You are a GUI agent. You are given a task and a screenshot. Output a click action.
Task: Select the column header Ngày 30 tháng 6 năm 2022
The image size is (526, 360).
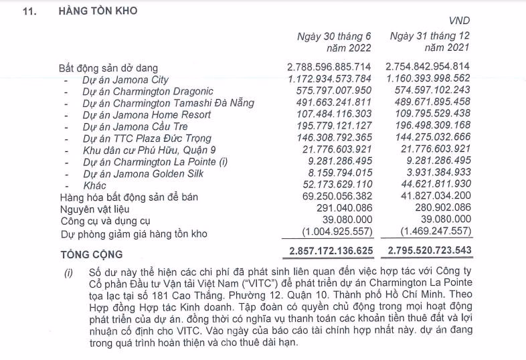coord(333,41)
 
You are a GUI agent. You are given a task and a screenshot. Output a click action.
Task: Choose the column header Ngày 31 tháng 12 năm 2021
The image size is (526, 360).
coord(430,41)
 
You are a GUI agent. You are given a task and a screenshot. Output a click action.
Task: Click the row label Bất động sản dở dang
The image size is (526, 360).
coord(108,68)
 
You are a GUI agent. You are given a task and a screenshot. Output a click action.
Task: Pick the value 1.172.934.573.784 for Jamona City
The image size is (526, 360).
coord(329,79)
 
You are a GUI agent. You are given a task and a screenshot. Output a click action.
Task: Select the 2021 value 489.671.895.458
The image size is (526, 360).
coord(428,102)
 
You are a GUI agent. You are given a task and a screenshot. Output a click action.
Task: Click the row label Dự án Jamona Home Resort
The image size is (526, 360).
coord(147,114)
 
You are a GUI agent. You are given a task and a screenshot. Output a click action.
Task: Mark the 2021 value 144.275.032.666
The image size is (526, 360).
coord(428,138)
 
